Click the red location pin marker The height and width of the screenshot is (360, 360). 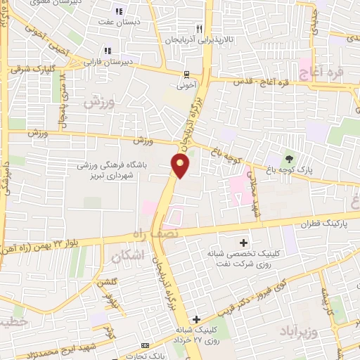tap(181, 166)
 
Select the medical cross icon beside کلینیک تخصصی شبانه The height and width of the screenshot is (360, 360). tap(243, 242)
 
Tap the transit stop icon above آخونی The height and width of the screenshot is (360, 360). tap(186, 74)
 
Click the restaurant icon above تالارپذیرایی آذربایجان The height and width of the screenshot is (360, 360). tap(200, 29)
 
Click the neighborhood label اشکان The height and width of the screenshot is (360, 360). tap(127, 257)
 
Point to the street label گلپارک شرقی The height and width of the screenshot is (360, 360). tap(32, 70)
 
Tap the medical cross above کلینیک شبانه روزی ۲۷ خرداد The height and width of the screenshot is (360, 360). tap(197, 319)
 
